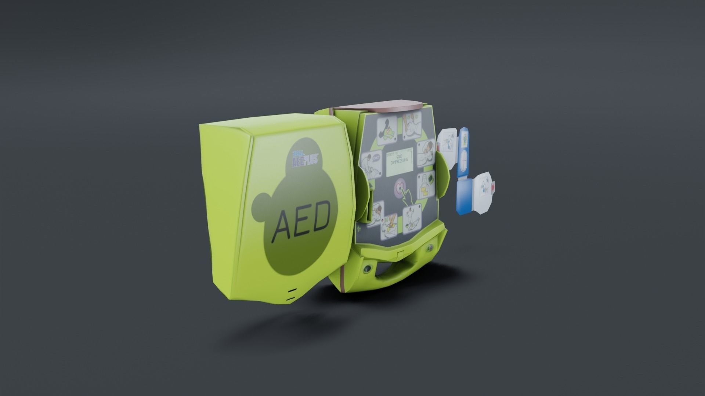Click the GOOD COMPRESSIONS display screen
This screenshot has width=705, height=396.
click(x=399, y=164)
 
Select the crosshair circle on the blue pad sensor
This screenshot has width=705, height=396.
click(x=463, y=160)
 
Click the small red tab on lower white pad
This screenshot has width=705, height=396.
click(x=493, y=187)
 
